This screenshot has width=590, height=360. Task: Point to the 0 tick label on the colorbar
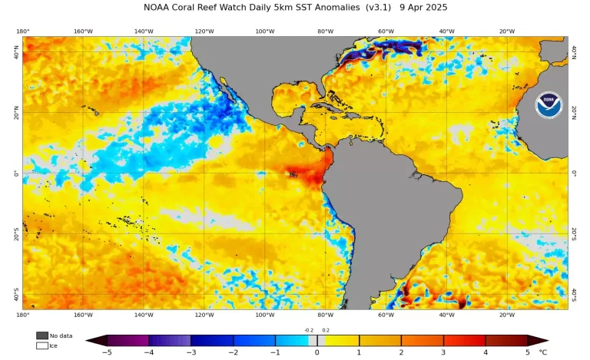317,352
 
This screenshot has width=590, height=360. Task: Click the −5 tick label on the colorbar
107,352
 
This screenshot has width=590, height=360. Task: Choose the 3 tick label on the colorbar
443,352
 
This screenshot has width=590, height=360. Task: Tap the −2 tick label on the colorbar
233,352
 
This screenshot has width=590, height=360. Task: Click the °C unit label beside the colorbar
543,352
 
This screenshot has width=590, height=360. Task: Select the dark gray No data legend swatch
41,335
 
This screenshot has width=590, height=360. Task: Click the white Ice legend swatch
41,345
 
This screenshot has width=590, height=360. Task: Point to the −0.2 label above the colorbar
308,330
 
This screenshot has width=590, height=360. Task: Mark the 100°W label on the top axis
264,31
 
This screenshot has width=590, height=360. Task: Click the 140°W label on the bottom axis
143,315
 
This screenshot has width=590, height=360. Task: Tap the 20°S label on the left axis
17,233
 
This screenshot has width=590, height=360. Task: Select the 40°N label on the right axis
574,52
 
